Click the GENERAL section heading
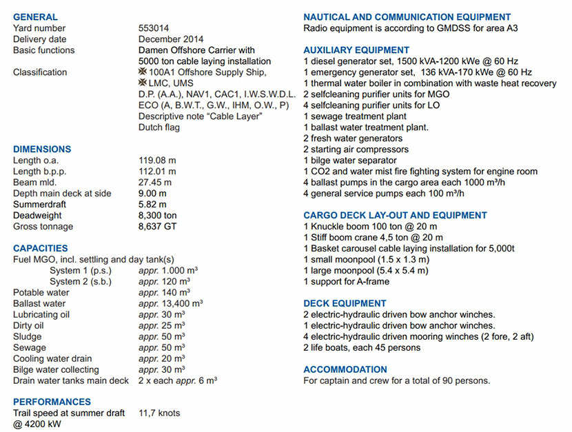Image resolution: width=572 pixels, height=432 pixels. (35, 17)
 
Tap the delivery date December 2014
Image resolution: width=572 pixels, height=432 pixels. (171, 39)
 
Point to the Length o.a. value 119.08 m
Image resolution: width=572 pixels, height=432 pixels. (157, 161)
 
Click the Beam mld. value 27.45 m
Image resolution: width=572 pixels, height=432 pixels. (154, 183)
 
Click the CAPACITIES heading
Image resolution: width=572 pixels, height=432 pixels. (41, 248)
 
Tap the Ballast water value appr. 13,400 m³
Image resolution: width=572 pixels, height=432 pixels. (170, 304)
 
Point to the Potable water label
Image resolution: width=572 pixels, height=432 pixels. (41, 293)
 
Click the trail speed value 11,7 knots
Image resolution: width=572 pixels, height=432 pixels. (159, 413)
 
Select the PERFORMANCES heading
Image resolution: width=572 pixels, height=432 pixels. (52, 402)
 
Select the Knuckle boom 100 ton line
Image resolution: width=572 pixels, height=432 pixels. (370, 227)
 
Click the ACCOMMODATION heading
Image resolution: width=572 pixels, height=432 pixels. (345, 369)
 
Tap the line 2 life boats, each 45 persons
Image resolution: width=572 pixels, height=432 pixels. (362, 348)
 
